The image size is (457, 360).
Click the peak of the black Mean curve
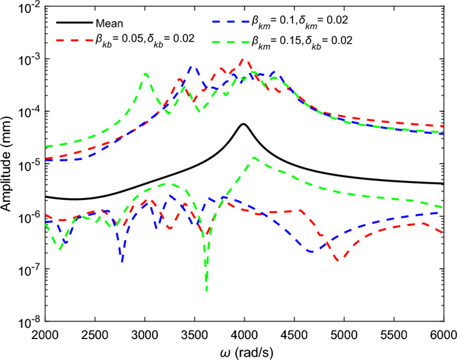[x=244, y=124]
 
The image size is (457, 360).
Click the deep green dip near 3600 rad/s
[x=206, y=289]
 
